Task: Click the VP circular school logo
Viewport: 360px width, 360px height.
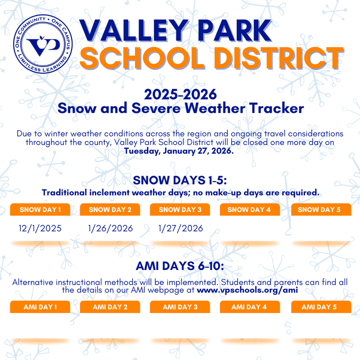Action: coord(43,44)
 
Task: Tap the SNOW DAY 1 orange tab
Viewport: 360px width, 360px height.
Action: coord(40,210)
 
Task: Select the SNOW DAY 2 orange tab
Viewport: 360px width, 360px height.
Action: coord(110,210)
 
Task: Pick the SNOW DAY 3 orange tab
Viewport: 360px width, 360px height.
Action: coord(180,210)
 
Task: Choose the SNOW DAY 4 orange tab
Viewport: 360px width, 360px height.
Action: coord(250,210)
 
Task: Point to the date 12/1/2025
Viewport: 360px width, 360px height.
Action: coord(40,229)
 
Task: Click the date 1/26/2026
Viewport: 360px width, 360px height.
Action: coord(110,229)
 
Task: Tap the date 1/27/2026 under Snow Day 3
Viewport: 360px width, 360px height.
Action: coord(181,229)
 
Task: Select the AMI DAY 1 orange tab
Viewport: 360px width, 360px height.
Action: coord(40,307)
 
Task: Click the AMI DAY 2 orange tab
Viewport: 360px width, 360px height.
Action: coord(110,307)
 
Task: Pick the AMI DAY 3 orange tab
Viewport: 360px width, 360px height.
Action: coord(180,307)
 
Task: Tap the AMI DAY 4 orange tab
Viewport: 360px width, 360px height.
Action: coord(250,307)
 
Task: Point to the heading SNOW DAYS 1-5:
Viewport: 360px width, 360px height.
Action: coord(180,181)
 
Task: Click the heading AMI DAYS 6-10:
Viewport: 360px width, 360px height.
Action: coord(180,266)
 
